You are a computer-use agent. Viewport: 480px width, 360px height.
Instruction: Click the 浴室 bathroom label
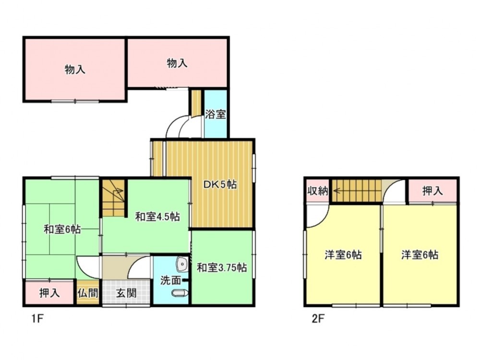pos(216,114)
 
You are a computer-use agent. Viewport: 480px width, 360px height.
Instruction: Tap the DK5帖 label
pos(220,185)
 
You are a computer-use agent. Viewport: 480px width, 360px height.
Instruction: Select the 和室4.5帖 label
pos(157,217)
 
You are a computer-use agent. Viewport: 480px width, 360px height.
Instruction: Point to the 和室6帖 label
pos(62,229)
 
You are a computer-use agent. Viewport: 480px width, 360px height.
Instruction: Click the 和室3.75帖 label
pos(222,267)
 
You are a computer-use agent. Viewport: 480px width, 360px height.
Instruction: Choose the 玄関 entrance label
pos(126,293)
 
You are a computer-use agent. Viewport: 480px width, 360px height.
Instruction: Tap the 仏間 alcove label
pos(88,293)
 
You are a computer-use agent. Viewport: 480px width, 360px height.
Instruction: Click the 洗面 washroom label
pos(171,280)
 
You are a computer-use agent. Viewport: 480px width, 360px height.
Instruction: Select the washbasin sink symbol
pos(182,264)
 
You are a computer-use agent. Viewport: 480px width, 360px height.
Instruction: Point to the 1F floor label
pos(37,319)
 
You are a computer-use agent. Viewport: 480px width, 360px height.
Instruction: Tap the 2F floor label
pos(318,319)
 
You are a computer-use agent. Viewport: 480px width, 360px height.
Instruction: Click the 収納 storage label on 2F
pos(318,192)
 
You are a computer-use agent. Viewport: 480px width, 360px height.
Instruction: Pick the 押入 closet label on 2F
pos(432,191)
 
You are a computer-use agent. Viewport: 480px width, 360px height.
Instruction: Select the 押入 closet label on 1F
pos(49,293)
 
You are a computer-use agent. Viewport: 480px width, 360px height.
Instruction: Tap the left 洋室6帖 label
pos(343,254)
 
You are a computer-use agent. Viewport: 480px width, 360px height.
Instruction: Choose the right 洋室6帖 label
pos(420,254)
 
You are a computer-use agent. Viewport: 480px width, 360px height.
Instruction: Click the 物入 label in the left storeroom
pos(75,70)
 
